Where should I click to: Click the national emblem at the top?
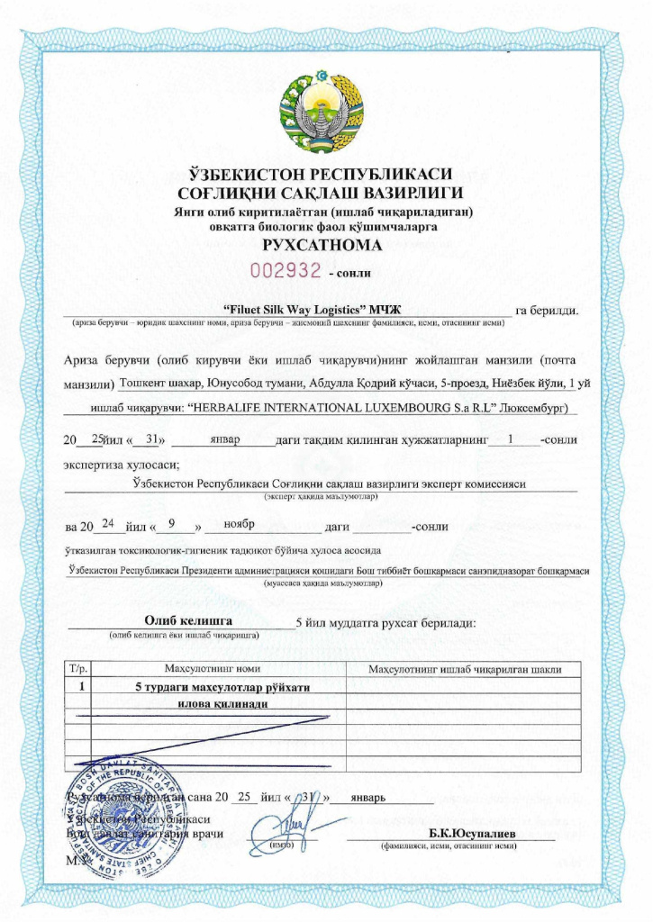(x=326, y=112)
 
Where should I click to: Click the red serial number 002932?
(x=286, y=270)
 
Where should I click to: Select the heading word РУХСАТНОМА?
(x=325, y=245)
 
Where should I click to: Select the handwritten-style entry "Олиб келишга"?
(x=188, y=621)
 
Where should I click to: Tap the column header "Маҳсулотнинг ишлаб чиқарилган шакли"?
(x=467, y=669)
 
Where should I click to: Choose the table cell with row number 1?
(x=82, y=686)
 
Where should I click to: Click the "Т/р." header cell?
(x=78, y=669)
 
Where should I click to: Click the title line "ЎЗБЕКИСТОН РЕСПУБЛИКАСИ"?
(x=325, y=174)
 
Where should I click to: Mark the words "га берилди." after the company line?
(x=547, y=312)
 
